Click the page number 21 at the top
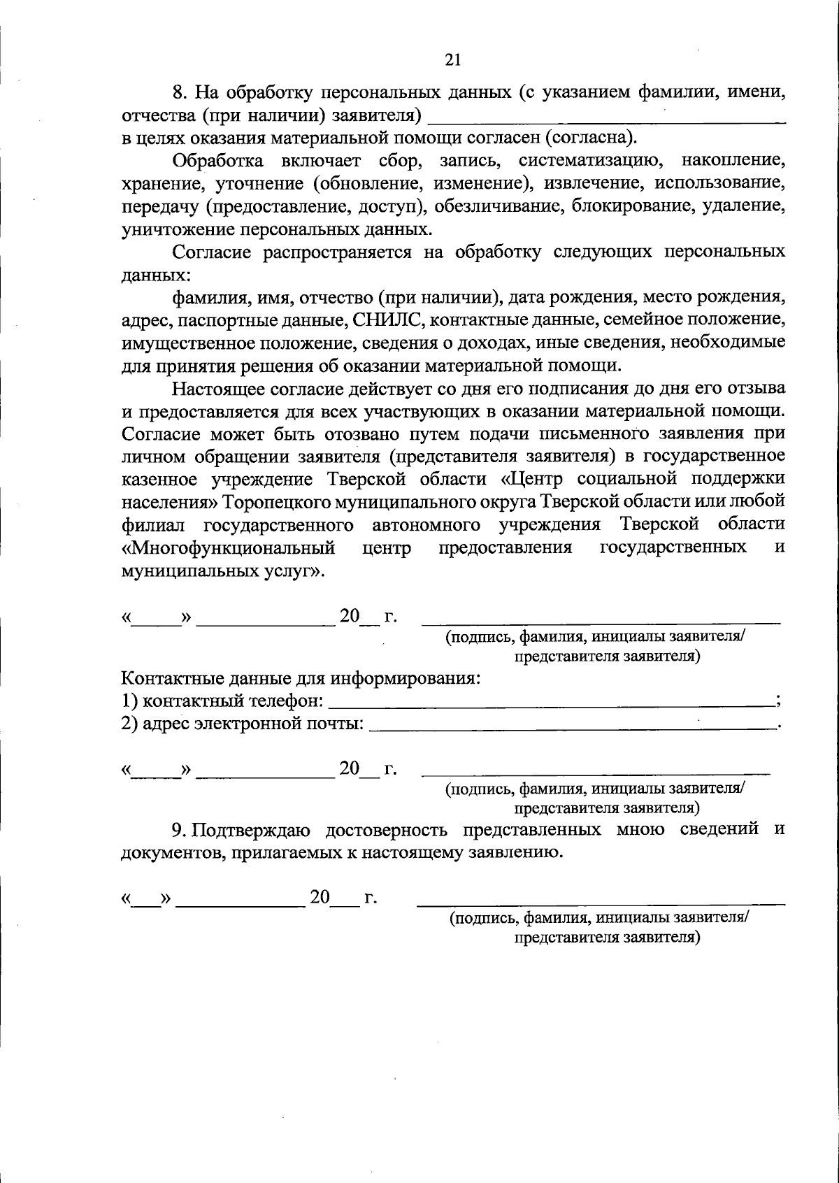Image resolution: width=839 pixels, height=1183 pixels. (x=452, y=61)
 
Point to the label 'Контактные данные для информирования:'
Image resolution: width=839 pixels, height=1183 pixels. (x=301, y=678)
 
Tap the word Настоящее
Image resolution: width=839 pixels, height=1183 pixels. (x=220, y=387)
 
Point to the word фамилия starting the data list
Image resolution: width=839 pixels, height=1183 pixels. (x=206, y=297)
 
